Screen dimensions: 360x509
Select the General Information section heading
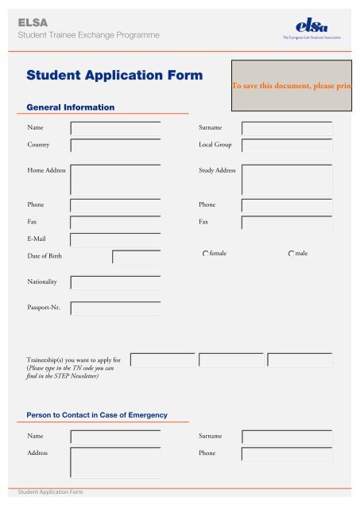(x=71, y=107)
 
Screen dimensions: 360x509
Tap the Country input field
(x=116, y=146)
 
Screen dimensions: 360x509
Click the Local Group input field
(x=287, y=146)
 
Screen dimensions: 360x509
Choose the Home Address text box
(x=116, y=180)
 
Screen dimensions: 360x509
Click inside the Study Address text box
(x=287, y=180)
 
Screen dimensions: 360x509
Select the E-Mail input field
(x=116, y=239)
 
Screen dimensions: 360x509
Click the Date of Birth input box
(x=137, y=256)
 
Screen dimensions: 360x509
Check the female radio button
(x=205, y=254)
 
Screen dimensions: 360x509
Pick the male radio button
(x=289, y=254)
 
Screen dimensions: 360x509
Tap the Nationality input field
(x=116, y=283)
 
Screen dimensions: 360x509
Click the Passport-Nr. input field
(x=116, y=308)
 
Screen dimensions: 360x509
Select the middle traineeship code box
(x=231, y=360)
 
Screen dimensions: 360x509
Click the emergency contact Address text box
(x=116, y=462)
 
